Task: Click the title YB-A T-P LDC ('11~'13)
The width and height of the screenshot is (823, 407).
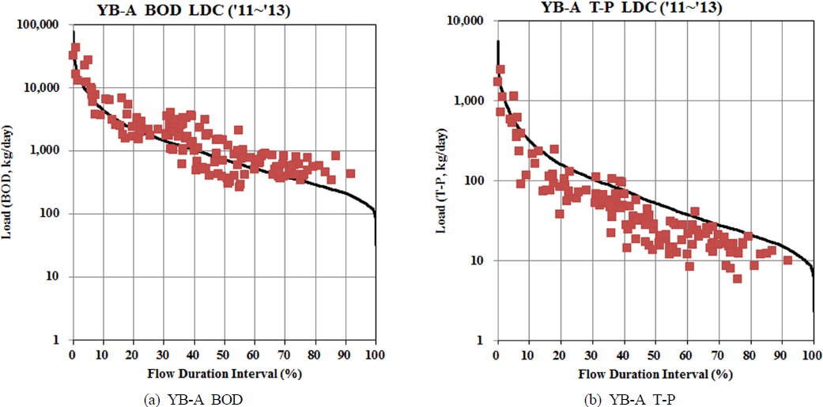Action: point(631,9)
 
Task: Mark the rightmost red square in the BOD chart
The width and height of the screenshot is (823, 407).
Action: point(350,173)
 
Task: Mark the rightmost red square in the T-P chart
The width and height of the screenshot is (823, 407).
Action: point(787,261)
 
